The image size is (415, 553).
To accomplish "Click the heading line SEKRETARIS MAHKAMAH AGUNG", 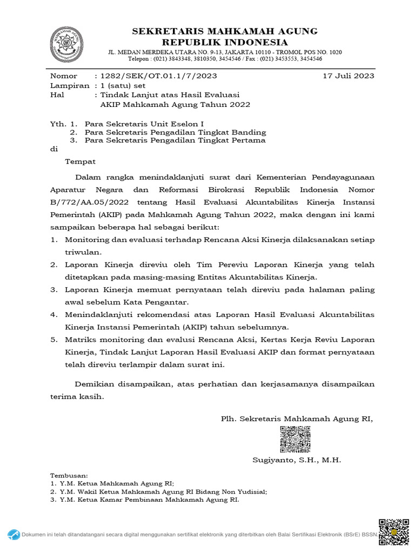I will (x=226, y=31).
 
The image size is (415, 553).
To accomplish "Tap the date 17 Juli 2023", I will (x=348, y=76).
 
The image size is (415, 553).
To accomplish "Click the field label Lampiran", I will (x=70, y=85).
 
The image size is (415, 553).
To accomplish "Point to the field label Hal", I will (x=57, y=95).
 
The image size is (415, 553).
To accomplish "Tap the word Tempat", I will (x=81, y=161).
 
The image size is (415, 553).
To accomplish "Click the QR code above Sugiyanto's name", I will (x=295, y=439).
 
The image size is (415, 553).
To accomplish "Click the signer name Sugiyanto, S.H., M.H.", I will (x=297, y=460).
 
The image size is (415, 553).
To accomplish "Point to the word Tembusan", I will (x=69, y=475).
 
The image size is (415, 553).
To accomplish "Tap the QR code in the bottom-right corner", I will (x=393, y=533).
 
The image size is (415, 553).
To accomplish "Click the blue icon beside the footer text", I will (x=14, y=535).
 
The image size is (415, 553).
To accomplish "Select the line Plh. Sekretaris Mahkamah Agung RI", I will (x=297, y=419).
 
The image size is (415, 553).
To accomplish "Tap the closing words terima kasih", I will (x=76, y=396).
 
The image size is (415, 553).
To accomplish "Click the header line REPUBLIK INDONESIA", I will (x=226, y=42).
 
